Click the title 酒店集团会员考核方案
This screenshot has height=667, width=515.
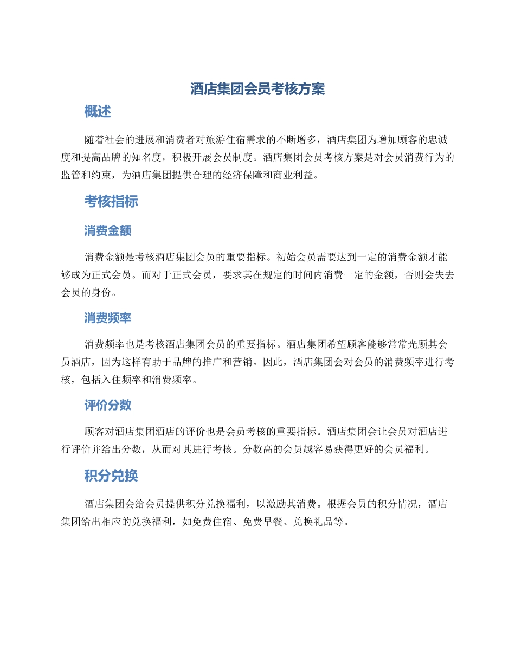click(x=257, y=89)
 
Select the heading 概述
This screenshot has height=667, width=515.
click(x=98, y=112)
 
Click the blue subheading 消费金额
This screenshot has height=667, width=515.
click(x=107, y=230)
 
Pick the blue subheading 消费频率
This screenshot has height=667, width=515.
click(x=107, y=318)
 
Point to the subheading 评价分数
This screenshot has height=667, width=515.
click(x=107, y=405)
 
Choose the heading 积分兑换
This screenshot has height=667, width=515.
click(x=111, y=476)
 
